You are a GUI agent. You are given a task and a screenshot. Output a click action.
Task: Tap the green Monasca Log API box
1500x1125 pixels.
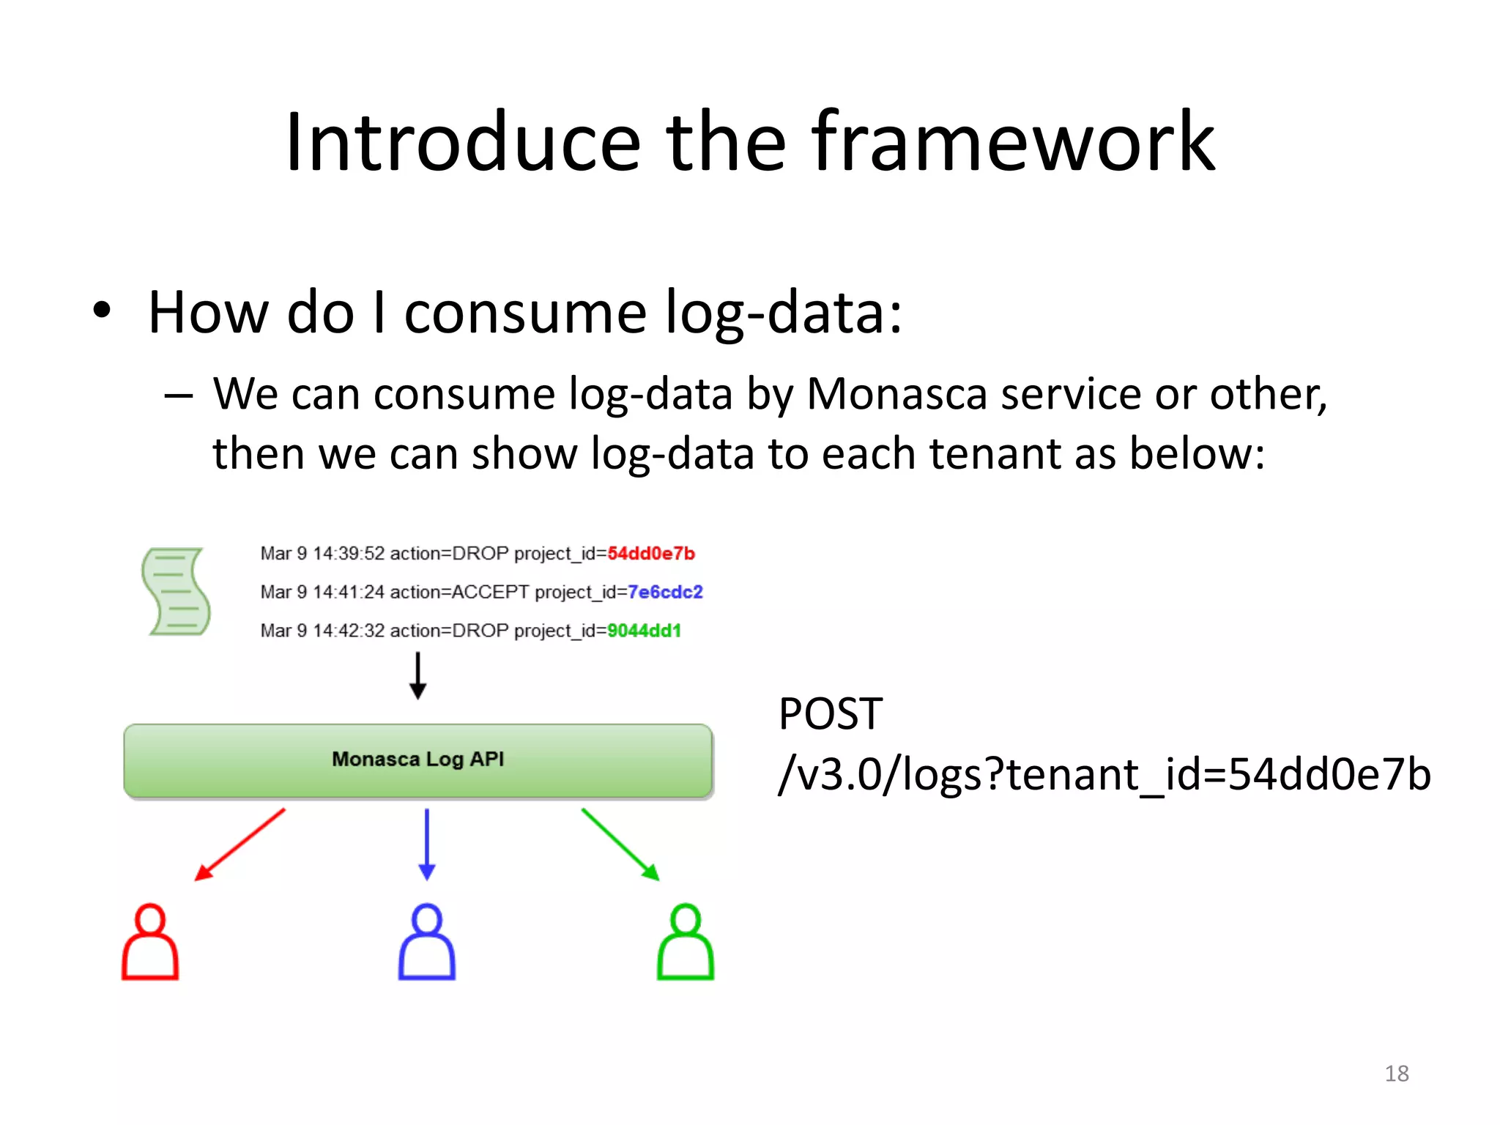pos(418,760)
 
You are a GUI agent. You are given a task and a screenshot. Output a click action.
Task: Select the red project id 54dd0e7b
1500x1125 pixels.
pos(650,554)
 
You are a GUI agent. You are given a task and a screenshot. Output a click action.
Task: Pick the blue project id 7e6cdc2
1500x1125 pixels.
pos(665,592)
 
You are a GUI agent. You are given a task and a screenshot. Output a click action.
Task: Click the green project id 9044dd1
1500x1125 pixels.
pos(644,631)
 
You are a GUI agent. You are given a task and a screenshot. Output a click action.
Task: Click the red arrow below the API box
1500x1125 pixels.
pos(240,844)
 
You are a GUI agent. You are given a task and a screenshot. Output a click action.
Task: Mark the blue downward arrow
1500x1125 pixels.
pos(427,844)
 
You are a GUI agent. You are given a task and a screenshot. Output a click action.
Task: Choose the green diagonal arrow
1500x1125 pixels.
pos(620,844)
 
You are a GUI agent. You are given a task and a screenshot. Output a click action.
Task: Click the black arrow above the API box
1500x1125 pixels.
pos(417,675)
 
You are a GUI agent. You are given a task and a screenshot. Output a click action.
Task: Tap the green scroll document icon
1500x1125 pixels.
pos(176,592)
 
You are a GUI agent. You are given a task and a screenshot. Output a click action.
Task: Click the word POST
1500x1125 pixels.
pos(830,714)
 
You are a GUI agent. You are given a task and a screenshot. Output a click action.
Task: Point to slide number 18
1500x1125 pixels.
pos(1396,1074)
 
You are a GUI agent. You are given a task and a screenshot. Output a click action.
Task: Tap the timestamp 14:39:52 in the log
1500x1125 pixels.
pos(348,554)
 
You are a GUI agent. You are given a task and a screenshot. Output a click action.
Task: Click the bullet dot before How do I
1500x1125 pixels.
pos(102,311)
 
